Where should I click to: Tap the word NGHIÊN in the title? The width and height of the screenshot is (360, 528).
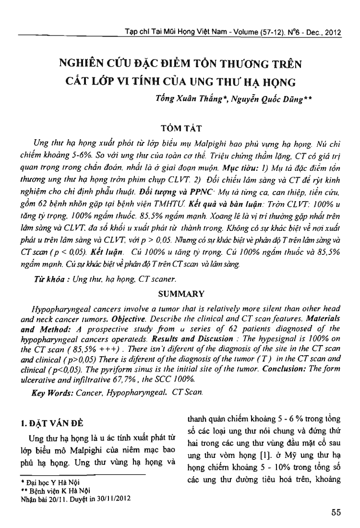[x=80, y=63]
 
